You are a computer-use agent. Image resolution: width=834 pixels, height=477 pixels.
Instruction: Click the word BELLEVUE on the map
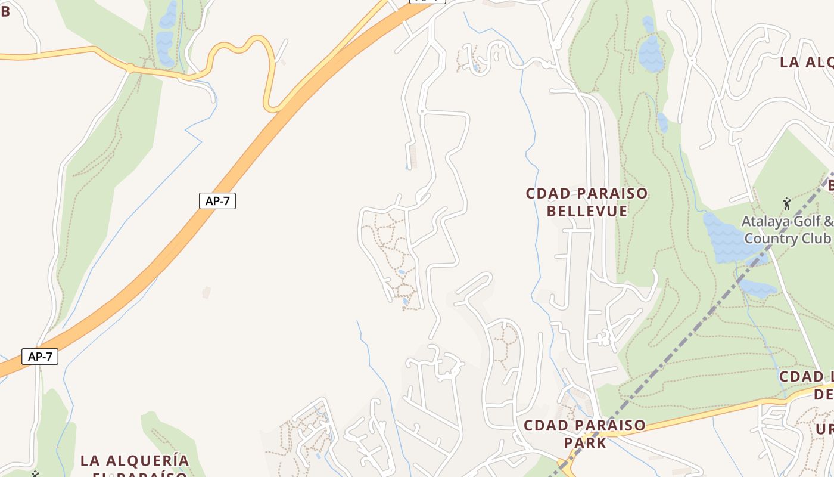coord(587,211)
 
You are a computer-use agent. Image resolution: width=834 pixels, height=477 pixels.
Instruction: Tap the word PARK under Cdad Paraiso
coord(585,443)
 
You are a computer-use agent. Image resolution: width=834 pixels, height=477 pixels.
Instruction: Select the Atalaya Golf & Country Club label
coord(787,230)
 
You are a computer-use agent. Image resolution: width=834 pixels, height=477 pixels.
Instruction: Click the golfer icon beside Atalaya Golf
coord(787,204)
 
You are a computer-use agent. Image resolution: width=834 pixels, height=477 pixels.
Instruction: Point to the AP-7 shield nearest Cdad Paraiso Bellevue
coord(217,201)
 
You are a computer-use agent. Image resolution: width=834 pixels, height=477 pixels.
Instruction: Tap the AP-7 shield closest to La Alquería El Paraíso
coord(41,357)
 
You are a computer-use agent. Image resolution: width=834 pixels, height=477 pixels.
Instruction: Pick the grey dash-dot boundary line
coord(685,340)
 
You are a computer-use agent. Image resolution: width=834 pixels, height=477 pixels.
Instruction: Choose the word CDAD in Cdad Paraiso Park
coord(542,426)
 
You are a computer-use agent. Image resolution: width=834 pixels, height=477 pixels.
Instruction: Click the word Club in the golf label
coord(816,238)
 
